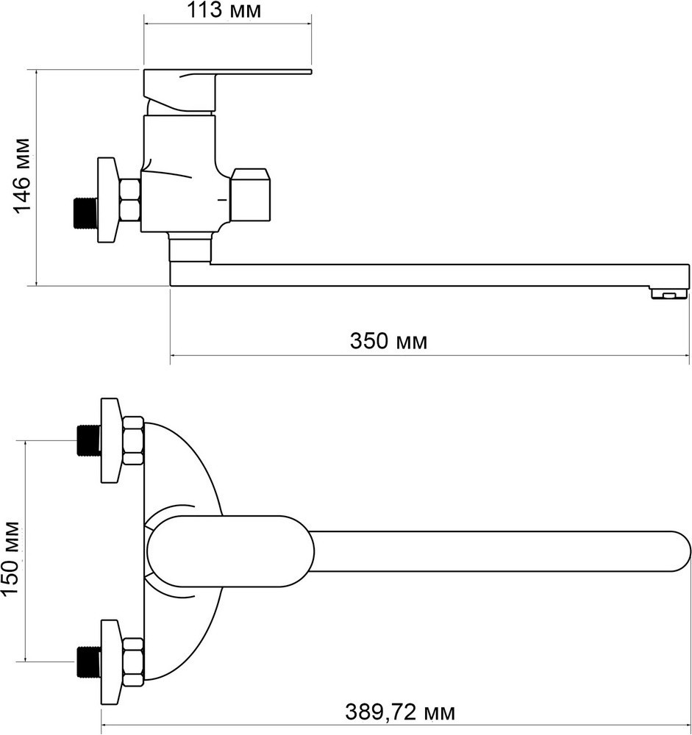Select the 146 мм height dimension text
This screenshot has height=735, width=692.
[24, 175]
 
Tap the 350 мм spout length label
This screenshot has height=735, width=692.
[388, 341]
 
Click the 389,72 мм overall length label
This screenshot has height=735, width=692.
[400, 711]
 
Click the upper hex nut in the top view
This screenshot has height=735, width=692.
[133, 440]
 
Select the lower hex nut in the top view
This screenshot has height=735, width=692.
[133, 661]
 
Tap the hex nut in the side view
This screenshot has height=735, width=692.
[130, 199]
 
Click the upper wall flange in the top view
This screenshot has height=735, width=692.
[110, 440]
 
